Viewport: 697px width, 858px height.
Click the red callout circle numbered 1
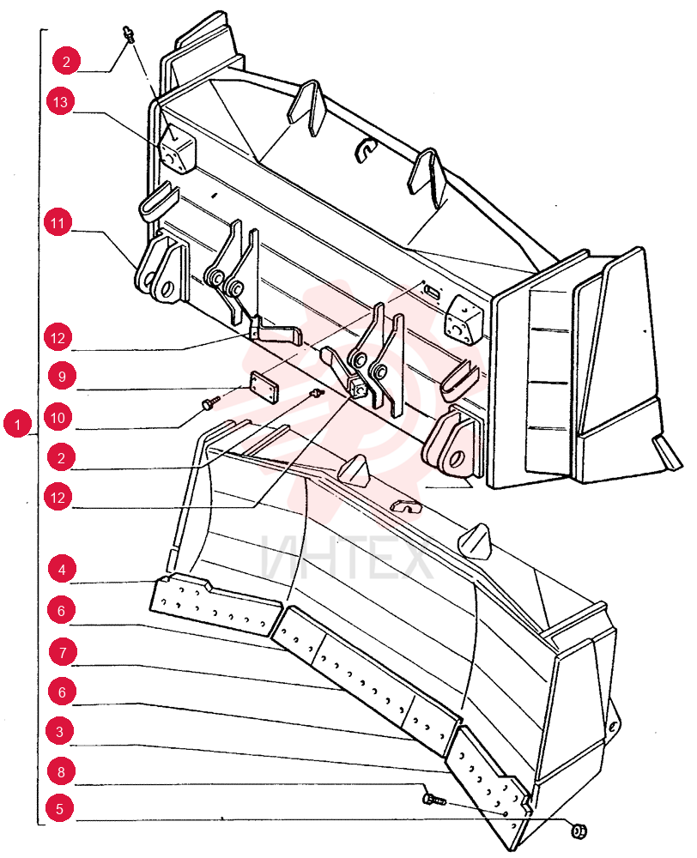17,424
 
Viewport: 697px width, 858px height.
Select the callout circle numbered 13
60,102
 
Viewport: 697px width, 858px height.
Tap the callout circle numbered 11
58,223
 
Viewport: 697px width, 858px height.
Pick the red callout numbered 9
62,377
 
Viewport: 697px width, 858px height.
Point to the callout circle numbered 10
58,418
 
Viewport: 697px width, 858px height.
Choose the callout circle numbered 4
62,570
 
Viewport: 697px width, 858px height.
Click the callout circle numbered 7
63,652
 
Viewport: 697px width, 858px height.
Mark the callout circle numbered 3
60,732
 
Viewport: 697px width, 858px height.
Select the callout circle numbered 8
61,771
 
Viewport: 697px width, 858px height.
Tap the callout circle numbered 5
60,808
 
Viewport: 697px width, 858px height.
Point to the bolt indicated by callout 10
209,403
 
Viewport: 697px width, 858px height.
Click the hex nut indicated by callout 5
579,831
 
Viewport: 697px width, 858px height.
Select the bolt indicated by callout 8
434,800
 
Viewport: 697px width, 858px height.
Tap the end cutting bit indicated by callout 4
215,605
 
